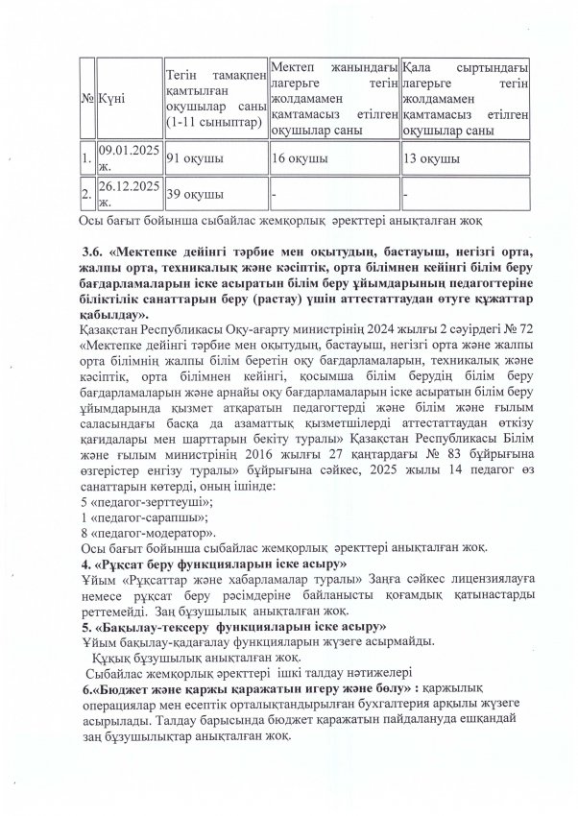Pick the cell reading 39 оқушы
[192, 194]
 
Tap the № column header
[87, 97]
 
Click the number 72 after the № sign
[494, 327]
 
